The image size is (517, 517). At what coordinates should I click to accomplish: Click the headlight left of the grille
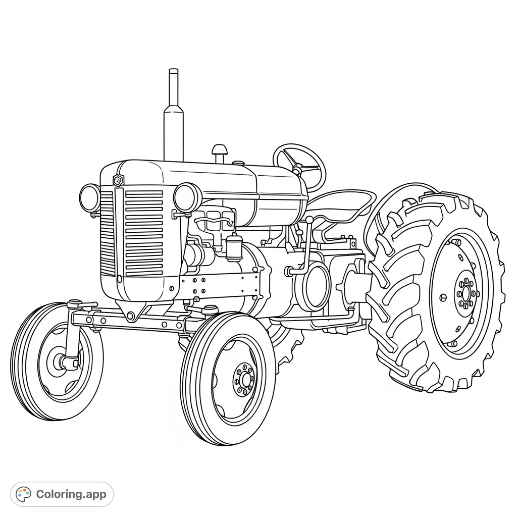(x=90, y=197)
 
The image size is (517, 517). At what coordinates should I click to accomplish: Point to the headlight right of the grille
(x=187, y=197)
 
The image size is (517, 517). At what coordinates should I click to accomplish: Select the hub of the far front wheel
(x=61, y=361)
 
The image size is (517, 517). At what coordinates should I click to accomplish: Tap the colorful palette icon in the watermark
(x=23, y=494)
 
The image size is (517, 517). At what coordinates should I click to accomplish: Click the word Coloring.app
(x=71, y=494)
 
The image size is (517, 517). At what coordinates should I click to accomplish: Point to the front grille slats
(x=144, y=232)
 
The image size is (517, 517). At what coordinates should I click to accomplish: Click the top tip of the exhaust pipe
(x=173, y=71)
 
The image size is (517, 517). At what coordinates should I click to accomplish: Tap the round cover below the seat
(x=315, y=286)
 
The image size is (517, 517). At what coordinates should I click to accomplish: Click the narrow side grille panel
(x=107, y=232)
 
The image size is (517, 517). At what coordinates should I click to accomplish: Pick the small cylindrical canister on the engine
(x=233, y=247)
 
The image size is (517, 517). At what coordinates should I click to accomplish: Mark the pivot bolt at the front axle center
(x=131, y=316)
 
